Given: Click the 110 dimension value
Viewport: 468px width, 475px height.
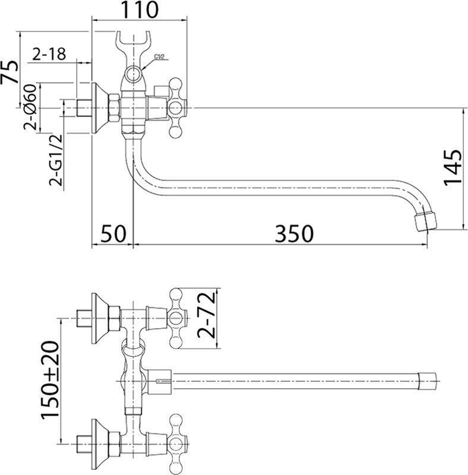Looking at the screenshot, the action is click(x=140, y=9).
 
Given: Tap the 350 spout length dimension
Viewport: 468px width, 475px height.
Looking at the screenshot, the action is click(x=294, y=233).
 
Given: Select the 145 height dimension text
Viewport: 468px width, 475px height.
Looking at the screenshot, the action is click(x=452, y=167).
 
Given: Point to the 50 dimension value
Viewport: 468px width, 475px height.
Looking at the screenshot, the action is click(x=113, y=233).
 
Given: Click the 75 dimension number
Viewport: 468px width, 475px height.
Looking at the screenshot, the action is click(x=10, y=72).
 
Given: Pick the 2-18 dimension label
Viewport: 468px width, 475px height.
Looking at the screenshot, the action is click(x=49, y=55).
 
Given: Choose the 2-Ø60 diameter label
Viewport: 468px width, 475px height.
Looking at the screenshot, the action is click(x=30, y=107).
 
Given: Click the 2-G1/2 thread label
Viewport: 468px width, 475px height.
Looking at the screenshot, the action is click(x=55, y=160).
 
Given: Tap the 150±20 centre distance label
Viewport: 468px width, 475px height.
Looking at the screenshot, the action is click(x=49, y=380).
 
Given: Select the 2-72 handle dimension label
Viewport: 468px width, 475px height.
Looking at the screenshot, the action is click(x=207, y=315).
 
